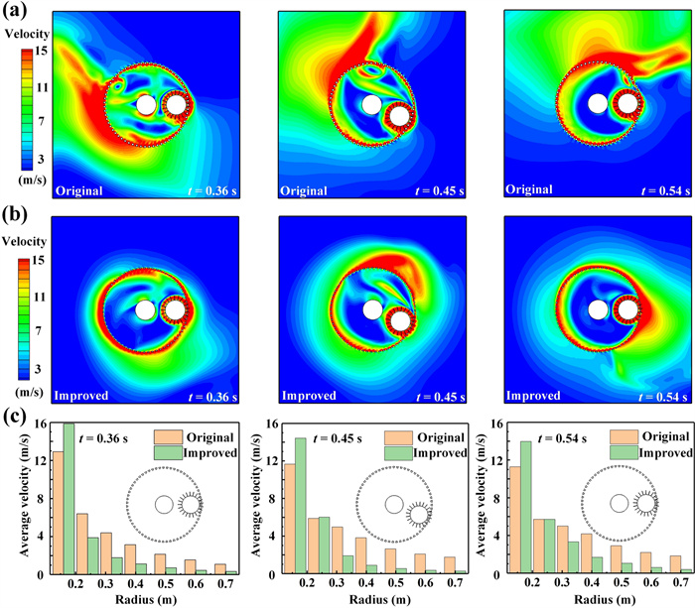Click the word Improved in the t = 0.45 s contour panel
tap(311, 397)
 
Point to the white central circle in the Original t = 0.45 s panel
tap(371, 105)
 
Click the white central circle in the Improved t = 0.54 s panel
tap(598, 309)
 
